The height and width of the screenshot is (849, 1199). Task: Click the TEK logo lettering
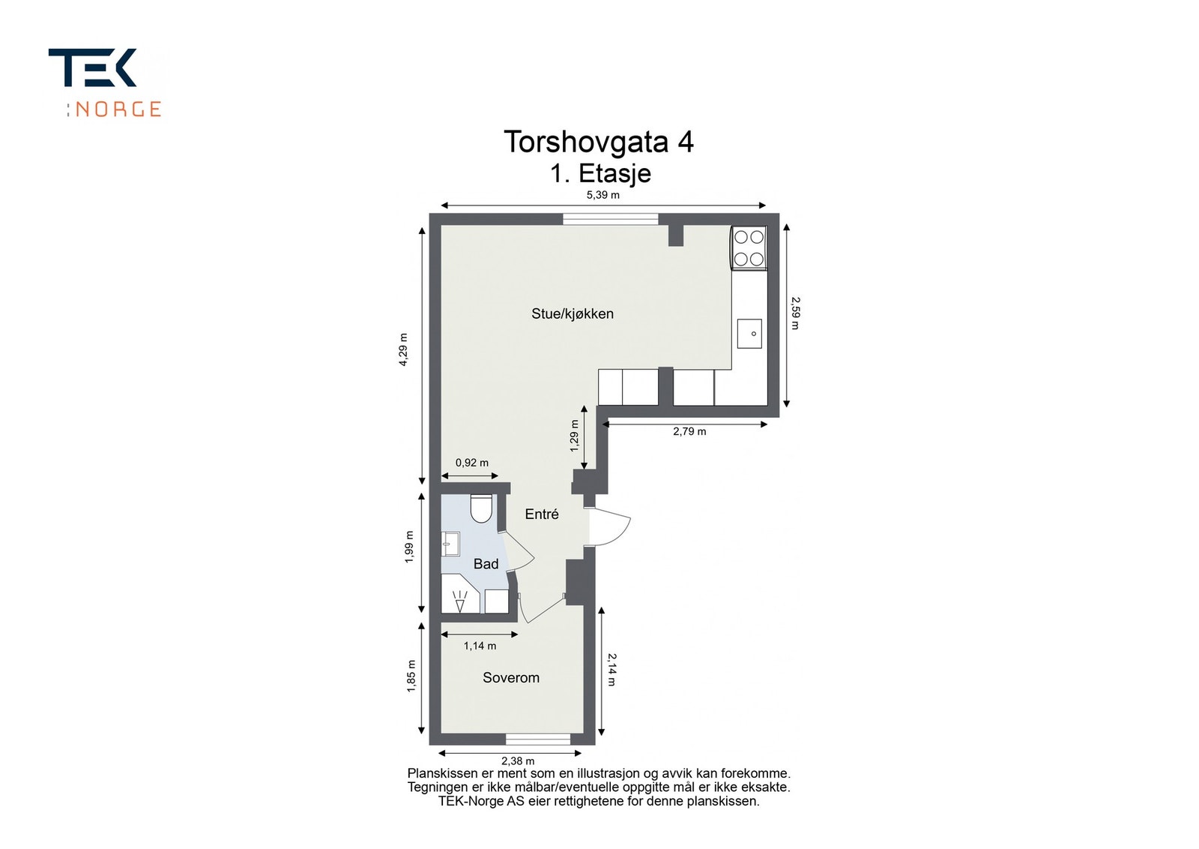(x=92, y=67)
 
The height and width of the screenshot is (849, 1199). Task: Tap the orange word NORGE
(x=118, y=109)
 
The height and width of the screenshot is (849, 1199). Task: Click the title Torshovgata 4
(x=599, y=142)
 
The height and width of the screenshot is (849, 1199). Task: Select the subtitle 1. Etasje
(x=600, y=173)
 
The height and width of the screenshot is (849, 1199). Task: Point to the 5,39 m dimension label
(x=602, y=195)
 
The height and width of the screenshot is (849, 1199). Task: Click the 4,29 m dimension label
(x=404, y=349)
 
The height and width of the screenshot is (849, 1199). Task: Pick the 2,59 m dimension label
(x=795, y=313)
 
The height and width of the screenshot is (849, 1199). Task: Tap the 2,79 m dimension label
(x=689, y=431)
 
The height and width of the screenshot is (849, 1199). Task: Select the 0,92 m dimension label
(x=471, y=462)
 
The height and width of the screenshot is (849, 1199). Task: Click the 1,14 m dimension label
(x=480, y=646)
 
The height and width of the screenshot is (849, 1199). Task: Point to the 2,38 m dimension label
(x=518, y=760)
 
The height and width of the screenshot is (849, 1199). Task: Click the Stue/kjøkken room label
(x=573, y=314)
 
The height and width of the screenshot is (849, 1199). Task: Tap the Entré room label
(x=542, y=514)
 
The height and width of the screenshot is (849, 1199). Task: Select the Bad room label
(x=486, y=563)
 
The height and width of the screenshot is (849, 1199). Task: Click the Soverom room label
(x=511, y=677)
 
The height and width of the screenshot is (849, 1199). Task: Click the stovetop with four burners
(x=749, y=248)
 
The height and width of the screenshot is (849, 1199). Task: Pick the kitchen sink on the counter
(x=749, y=334)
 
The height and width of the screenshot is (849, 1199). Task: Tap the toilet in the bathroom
(x=481, y=508)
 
